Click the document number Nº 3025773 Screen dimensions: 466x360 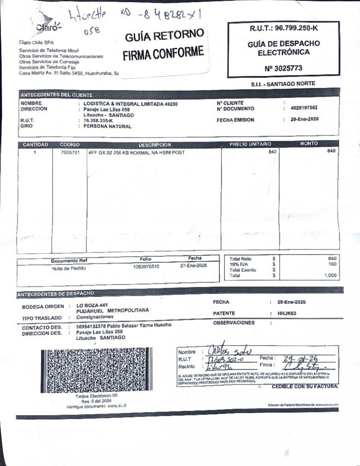(x=283, y=68)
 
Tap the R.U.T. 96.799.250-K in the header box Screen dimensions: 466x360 (x=283, y=28)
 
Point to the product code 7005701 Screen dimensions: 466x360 (x=69, y=152)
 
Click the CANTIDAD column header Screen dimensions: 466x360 (x=35, y=145)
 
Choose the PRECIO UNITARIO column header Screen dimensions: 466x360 (x=250, y=144)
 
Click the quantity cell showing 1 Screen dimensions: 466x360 (x=35, y=152)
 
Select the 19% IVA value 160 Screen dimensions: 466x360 (x=332, y=264)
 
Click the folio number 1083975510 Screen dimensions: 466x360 (x=146, y=267)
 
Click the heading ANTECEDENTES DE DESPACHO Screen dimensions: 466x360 (x=55, y=294)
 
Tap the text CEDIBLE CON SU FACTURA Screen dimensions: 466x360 (x=305, y=386)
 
